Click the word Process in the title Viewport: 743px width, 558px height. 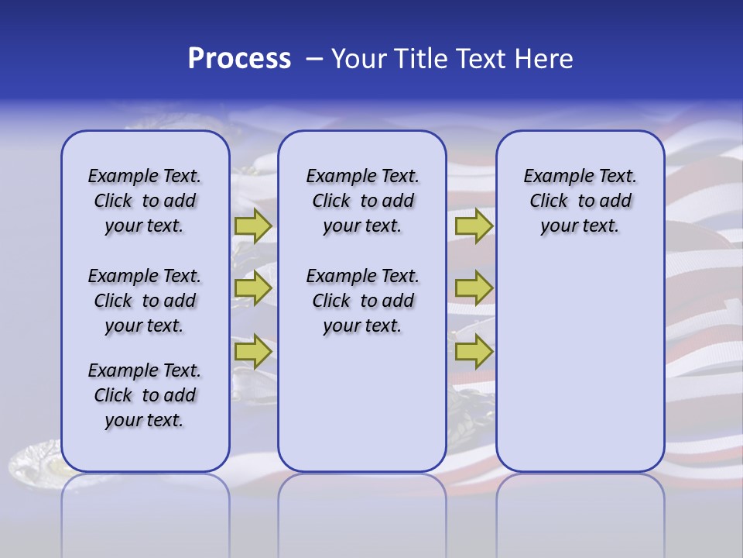tap(239, 58)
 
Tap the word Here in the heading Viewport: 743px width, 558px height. tap(543, 59)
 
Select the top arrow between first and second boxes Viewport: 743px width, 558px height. tap(253, 226)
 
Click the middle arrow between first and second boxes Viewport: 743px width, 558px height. tap(253, 288)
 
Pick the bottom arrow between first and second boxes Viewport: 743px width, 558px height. tap(253, 352)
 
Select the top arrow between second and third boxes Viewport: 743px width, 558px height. tap(474, 226)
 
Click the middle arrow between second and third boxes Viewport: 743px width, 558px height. tap(474, 288)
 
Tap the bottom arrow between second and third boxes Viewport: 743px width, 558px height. tap(474, 352)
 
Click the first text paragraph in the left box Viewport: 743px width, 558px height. tap(145, 201)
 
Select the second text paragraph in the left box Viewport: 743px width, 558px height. tap(145, 301)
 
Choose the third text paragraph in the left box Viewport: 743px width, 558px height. tap(145, 395)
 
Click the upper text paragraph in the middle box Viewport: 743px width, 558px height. tap(362, 201)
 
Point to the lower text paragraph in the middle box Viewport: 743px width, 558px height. tap(362, 301)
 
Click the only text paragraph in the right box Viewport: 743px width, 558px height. tap(580, 201)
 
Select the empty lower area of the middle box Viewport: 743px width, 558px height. tap(362, 403)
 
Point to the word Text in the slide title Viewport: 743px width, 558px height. tap(481, 59)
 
